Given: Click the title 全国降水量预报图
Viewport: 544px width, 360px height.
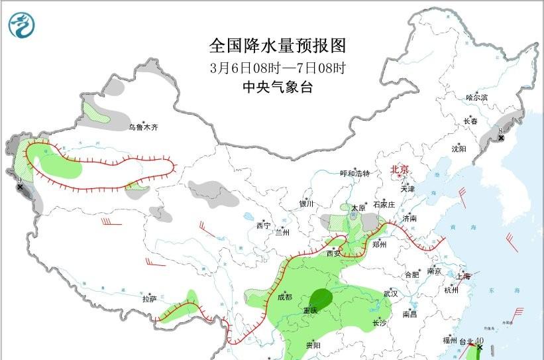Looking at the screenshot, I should [277, 46].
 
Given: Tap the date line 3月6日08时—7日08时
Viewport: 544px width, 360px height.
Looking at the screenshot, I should [277, 68].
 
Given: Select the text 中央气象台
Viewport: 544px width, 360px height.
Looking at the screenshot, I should [277, 87].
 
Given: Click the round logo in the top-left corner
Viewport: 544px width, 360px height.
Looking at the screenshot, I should [22, 25].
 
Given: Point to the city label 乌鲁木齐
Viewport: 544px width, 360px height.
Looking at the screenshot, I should [144, 127].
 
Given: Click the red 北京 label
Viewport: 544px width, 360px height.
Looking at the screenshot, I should [400, 169].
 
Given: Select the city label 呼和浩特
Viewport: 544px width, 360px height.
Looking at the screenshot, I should [354, 174].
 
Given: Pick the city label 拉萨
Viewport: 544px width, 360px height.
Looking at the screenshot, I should [148, 299].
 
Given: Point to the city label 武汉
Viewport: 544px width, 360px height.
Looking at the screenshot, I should [390, 293].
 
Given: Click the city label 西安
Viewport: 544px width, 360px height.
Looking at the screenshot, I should [333, 253].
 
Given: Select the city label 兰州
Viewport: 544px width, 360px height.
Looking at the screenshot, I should [283, 233].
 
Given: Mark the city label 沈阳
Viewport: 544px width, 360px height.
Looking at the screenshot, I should [459, 149].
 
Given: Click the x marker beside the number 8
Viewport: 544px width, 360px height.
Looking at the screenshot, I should [501, 138].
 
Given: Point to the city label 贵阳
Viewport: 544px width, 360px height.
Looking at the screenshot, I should [313, 345].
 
